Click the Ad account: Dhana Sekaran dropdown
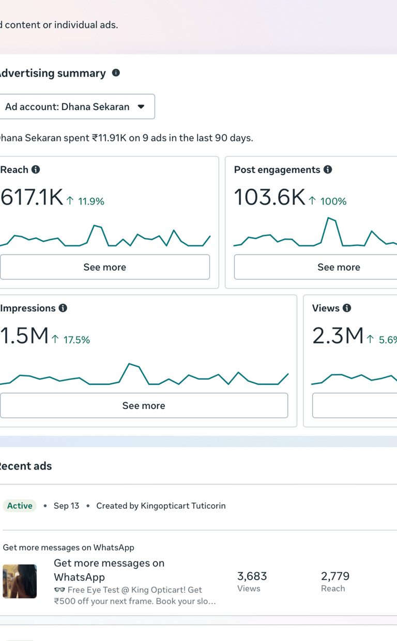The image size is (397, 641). pos(77,107)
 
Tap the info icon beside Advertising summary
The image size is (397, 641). pos(116,73)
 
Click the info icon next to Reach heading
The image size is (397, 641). pos(36,169)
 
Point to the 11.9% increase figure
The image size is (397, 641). pos(90,201)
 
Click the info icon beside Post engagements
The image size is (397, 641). pos(328,169)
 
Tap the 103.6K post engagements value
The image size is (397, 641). pos(269,198)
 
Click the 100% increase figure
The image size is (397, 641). pos(333,201)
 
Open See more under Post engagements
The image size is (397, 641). pos(339,267)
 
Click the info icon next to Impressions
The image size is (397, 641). pos(63,308)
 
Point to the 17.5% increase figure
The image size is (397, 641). pos(76,340)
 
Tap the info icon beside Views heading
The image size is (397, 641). pos(347,308)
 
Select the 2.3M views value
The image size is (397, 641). pos(338,336)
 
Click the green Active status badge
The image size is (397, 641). pos(20,506)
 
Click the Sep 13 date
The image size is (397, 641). pos(66,506)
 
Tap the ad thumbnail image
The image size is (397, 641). pos(20,581)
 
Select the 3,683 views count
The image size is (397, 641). pos(252,576)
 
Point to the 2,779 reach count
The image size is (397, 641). pos(335,576)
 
